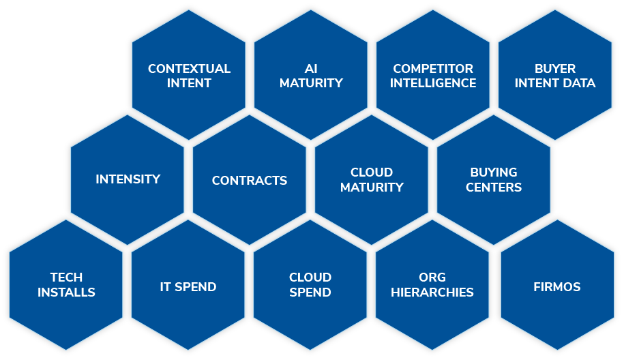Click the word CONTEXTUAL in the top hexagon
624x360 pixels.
point(189,69)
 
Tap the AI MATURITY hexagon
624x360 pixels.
point(311,75)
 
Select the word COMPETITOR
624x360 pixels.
point(433,69)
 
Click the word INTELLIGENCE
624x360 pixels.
point(433,83)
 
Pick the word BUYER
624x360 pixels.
point(554,69)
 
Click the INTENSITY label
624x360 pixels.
point(128,179)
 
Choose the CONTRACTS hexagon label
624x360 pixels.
point(250,181)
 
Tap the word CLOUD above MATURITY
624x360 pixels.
point(372,172)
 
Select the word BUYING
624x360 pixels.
point(494,172)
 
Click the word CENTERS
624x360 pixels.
point(494,187)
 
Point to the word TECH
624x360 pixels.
point(66,277)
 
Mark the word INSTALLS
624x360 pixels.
point(66,292)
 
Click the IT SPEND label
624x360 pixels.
point(188,287)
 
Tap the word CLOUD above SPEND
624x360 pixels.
point(310,277)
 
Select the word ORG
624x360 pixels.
point(432,277)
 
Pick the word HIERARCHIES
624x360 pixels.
point(432,292)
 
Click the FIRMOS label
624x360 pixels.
point(556,287)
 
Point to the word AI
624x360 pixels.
point(311,69)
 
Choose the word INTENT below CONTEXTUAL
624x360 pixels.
point(189,83)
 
